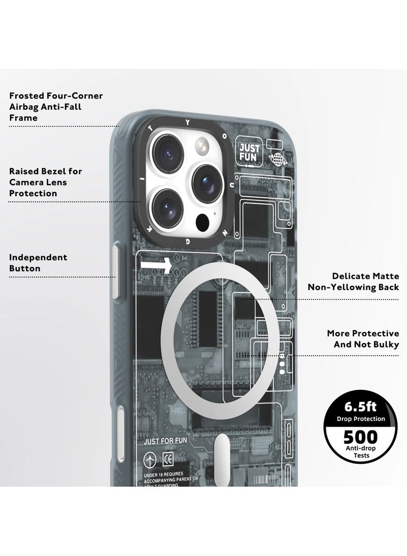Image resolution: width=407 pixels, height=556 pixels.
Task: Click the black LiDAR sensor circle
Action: click(202, 221)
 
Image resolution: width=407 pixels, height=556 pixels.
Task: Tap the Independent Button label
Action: click(38, 263)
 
